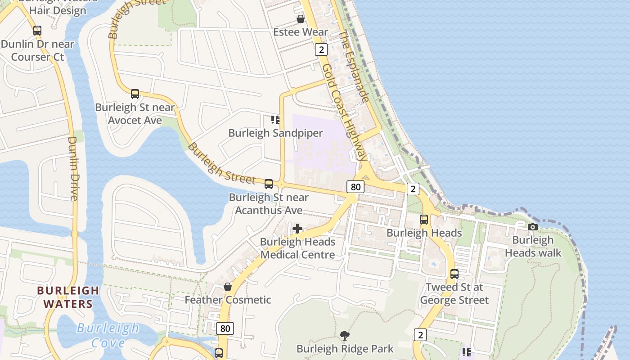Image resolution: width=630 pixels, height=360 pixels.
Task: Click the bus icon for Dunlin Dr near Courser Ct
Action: click(37, 31)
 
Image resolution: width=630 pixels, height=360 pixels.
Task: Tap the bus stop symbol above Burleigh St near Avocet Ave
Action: click(135, 94)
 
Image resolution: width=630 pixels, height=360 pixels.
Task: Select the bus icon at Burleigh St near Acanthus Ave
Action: click(269, 184)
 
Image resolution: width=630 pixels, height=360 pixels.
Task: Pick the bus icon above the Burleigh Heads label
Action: click(424, 220)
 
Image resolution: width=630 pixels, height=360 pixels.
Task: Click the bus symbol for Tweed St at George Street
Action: click(454, 274)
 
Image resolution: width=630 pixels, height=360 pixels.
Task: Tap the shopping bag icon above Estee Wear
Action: click(300, 19)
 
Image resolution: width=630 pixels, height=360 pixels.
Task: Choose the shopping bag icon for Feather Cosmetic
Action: click(228, 287)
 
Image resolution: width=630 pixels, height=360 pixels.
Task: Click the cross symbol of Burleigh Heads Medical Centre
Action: click(297, 229)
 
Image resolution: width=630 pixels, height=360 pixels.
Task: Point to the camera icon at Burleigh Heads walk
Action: click(533, 227)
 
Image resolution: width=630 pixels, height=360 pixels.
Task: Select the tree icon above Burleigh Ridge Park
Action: click(345, 335)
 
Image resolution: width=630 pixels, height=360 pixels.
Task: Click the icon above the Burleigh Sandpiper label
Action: click(275, 120)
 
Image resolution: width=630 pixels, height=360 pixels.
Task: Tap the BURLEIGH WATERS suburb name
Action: click(68, 297)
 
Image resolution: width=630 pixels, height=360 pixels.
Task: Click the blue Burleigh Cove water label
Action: click(108, 335)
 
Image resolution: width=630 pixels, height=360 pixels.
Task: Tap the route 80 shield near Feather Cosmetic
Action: click(225, 328)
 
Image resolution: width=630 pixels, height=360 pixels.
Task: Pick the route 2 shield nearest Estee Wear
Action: click(321, 49)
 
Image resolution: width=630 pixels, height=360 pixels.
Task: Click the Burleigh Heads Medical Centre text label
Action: click(297, 248)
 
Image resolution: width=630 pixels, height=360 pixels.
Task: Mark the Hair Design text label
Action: click(58, 11)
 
